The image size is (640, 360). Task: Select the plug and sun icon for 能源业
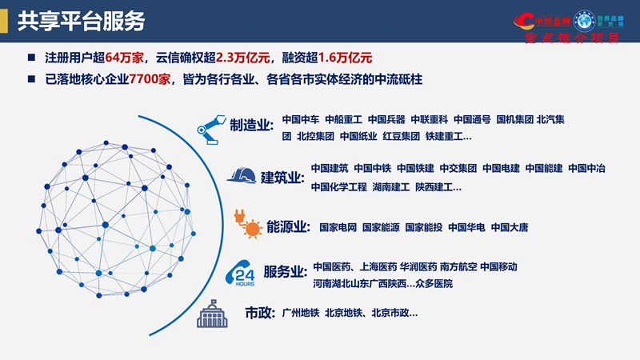[x=247, y=225]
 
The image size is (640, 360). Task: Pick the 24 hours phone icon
[x=243, y=273]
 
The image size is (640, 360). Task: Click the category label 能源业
[x=288, y=227]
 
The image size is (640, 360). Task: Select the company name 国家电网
[x=338, y=227]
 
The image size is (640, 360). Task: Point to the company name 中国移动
[x=498, y=266]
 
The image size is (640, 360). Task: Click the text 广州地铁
[x=301, y=313]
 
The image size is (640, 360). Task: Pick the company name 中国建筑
[x=330, y=169]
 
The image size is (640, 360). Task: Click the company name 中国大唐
[x=510, y=227]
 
